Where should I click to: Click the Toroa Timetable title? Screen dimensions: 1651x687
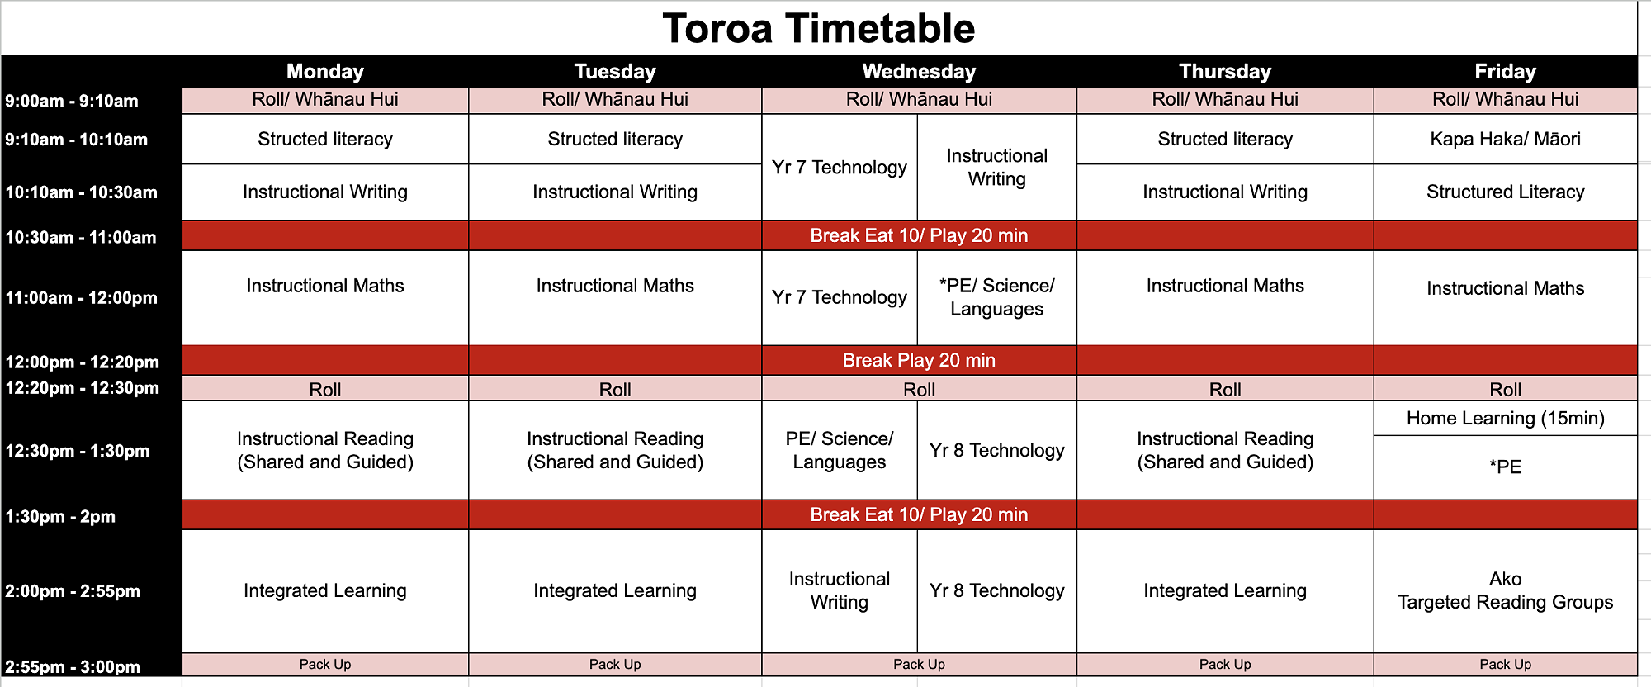818,29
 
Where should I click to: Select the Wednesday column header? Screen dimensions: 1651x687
919,72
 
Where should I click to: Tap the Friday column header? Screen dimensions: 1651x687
1505,72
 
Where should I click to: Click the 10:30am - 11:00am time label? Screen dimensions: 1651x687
81,238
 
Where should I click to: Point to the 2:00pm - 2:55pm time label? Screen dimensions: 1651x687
73,591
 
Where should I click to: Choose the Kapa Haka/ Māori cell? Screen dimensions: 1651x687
1505,139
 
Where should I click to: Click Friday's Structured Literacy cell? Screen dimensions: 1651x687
1505,192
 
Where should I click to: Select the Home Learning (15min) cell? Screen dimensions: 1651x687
1505,418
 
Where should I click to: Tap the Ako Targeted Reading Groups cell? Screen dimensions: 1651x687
1505,590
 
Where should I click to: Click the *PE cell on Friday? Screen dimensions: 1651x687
1505,467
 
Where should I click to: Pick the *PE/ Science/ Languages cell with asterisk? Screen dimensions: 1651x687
996,297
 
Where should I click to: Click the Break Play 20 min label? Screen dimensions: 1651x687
919,361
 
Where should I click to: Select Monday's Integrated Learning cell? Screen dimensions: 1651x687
325,590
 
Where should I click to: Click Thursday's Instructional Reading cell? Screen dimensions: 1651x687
1225,450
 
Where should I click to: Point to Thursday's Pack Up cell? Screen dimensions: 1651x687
1225,664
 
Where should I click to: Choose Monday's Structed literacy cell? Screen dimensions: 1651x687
325,139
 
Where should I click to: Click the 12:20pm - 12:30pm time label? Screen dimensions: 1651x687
82,388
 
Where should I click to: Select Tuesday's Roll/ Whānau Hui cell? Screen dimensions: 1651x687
615,100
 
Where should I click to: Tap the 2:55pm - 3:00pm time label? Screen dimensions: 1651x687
73,667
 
